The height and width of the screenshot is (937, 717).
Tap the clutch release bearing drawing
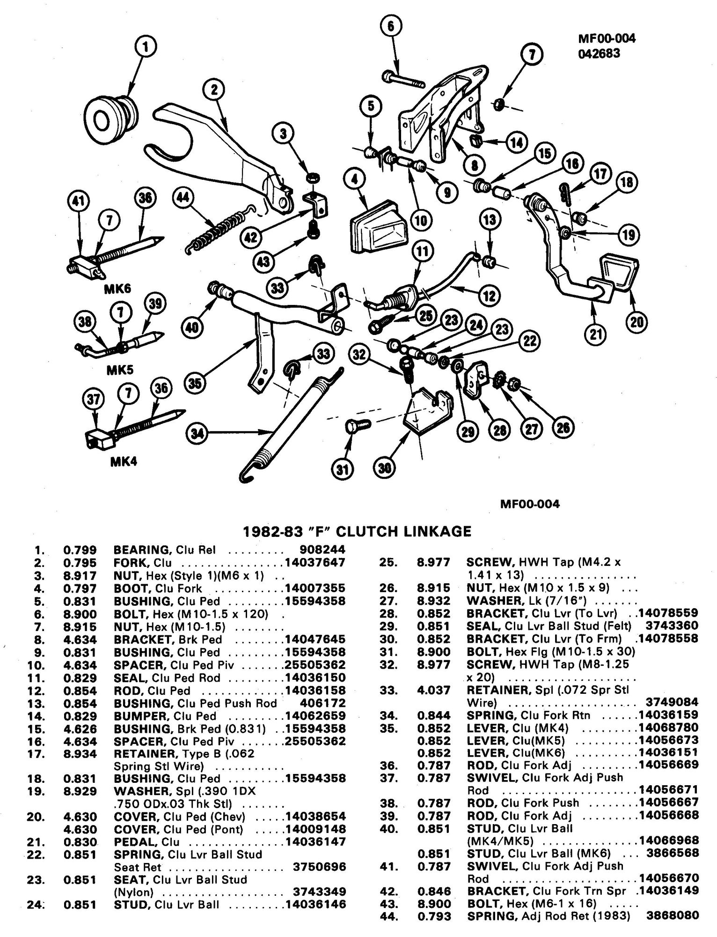click(111, 119)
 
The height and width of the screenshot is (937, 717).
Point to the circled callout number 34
click(199, 434)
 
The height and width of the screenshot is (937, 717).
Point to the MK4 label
click(124, 462)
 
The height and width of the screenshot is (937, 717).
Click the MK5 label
click(120, 370)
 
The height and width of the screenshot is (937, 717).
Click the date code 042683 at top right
click(599, 53)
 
